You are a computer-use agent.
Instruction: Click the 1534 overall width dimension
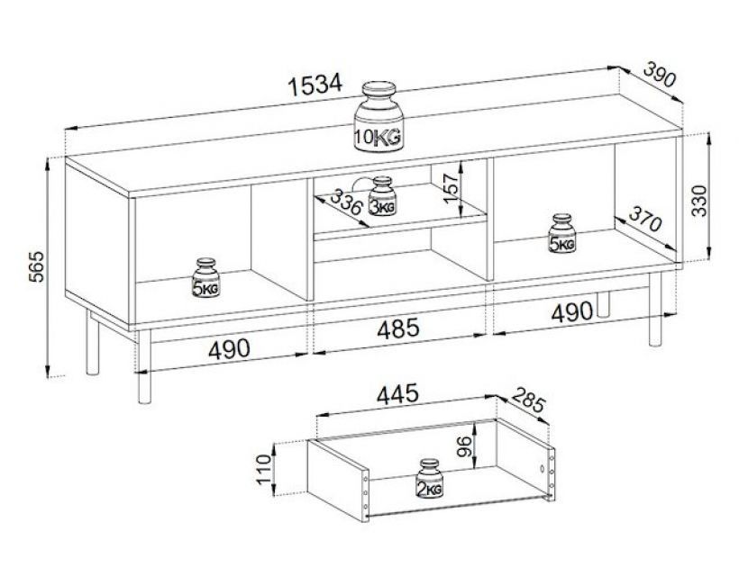coord(315,85)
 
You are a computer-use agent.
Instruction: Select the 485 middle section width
coord(397,329)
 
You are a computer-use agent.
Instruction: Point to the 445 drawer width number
coord(398,393)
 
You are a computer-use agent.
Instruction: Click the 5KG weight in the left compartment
coord(205,279)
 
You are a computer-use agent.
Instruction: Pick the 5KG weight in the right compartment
coord(562,234)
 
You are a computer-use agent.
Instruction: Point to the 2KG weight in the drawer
coord(428,480)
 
